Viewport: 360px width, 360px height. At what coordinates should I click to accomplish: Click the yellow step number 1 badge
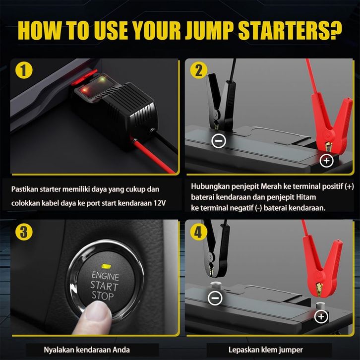[x=24, y=70]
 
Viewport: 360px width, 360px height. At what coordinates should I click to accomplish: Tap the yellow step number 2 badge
[x=199, y=70]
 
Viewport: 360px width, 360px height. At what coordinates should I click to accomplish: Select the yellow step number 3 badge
[x=24, y=232]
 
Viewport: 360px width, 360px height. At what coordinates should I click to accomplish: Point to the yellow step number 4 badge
[x=199, y=232]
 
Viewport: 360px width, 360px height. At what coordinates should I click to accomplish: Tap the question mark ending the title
[x=335, y=30]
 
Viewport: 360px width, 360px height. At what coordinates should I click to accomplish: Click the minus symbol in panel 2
[x=219, y=140]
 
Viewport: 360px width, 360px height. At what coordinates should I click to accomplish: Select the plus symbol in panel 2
[x=326, y=161]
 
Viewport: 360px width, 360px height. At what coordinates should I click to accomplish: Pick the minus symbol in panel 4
[x=215, y=298]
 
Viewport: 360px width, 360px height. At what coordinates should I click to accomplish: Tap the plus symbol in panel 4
[x=321, y=316]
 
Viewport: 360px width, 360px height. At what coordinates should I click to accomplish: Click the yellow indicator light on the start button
[x=106, y=266]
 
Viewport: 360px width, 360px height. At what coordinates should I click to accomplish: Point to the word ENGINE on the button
[x=106, y=276]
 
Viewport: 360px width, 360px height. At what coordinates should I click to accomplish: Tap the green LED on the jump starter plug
[x=103, y=80]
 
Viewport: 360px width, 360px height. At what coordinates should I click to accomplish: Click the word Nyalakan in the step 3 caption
[x=59, y=350]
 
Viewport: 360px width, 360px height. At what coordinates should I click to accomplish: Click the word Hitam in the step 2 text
[x=306, y=197]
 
